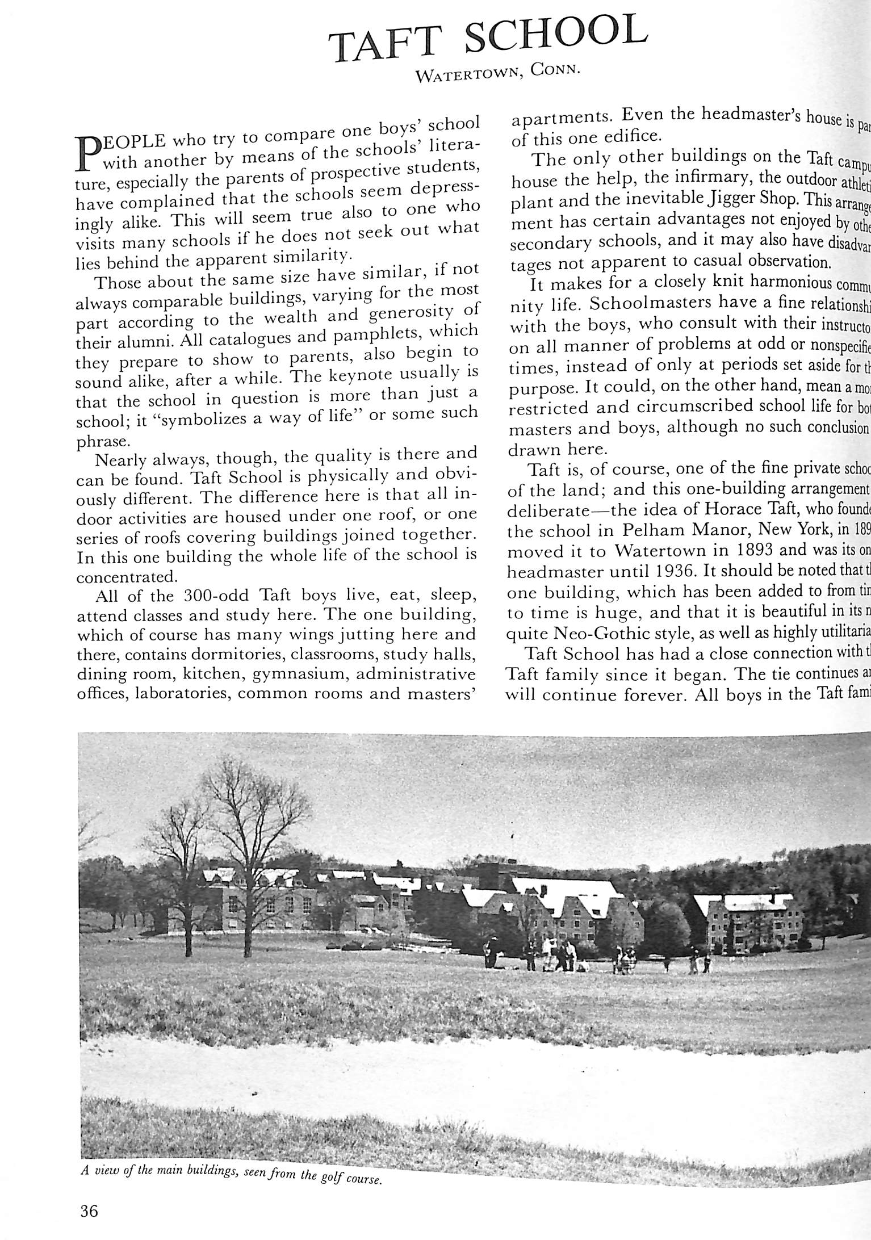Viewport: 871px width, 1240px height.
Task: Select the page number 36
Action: point(89,1210)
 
